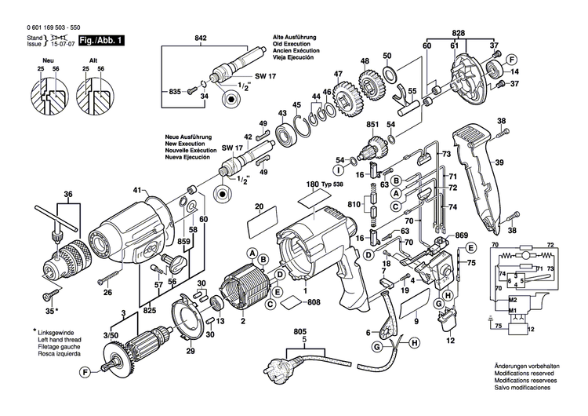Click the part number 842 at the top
201,38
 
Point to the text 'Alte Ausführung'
295,38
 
